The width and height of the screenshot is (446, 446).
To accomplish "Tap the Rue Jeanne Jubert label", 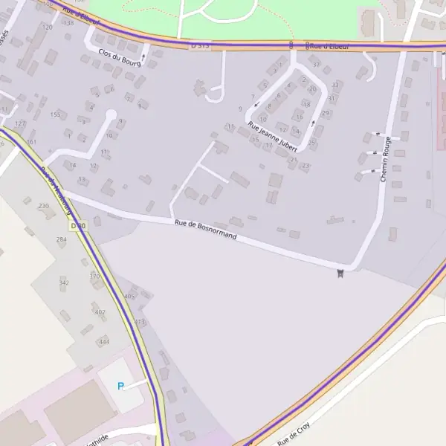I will click(272, 137).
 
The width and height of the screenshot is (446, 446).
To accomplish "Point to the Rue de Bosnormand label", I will click(205, 229).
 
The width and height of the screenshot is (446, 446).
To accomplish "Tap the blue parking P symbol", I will click(120, 386).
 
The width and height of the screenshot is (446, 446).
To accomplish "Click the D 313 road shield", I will click(200, 45).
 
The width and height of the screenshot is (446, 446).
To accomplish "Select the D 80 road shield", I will click(77, 225).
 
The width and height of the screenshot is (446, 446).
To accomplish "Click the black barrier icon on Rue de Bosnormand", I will click(340, 274).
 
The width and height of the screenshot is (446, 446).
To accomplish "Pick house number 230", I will click(43, 206).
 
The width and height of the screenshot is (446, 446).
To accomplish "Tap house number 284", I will click(61, 239).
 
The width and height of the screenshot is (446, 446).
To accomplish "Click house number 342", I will click(64, 282).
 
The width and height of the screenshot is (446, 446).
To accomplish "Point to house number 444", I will click(104, 342).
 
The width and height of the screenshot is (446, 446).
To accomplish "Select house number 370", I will click(94, 277).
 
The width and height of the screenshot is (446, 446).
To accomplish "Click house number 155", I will click(55, 114).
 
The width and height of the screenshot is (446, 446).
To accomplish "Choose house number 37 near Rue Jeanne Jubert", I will click(316, 65).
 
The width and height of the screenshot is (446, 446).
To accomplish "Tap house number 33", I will click(335, 85).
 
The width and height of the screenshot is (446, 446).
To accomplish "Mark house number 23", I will click(306, 166).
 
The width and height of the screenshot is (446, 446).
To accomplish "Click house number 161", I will click(31, 141).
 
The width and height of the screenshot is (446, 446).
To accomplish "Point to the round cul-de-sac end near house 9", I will click(111, 116).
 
